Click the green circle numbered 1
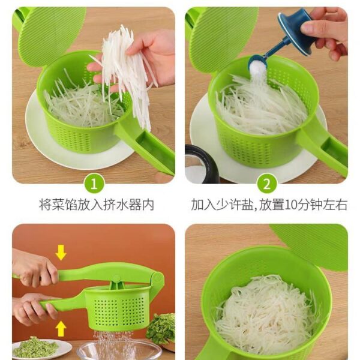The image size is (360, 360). [x=94, y=184]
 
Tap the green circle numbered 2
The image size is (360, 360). [x=266, y=184]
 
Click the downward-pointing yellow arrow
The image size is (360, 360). [x=61, y=253]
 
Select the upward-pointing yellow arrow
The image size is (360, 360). [x=61, y=329]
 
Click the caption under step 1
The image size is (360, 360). [x=97, y=205]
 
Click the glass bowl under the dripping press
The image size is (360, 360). [x=119, y=350]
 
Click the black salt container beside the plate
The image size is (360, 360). [x=200, y=164]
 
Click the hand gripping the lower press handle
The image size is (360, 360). [x=34, y=309]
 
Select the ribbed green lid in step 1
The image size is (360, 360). [x=52, y=37]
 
